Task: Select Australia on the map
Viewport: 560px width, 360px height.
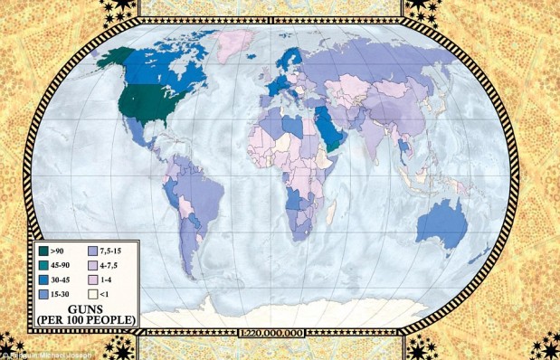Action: tap(442, 221)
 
